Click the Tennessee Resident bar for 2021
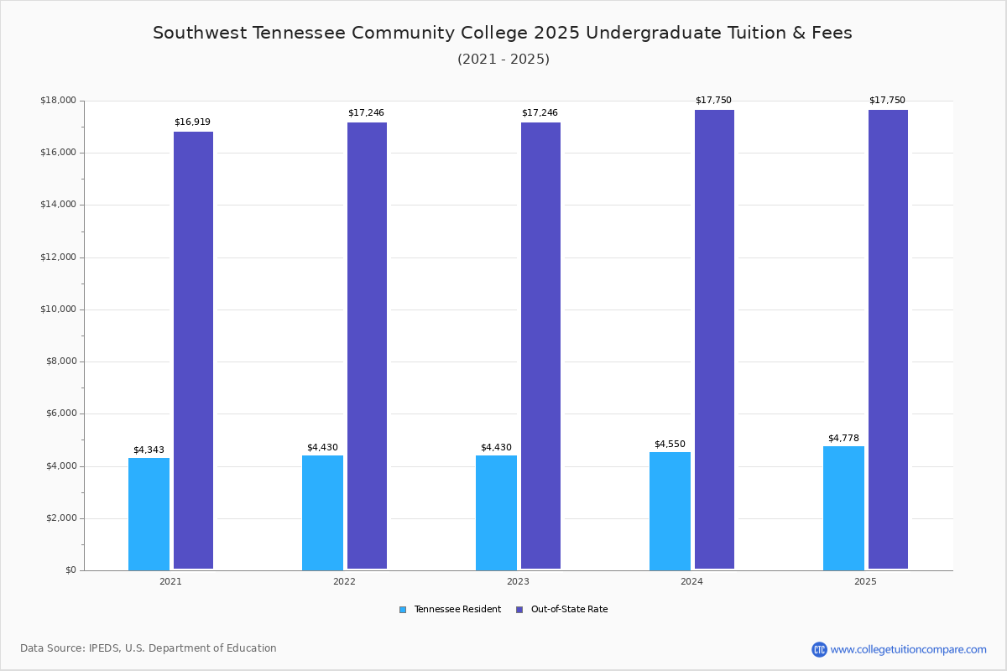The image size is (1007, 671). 149,514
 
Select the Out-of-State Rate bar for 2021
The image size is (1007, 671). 193,351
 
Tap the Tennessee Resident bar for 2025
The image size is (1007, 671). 843,508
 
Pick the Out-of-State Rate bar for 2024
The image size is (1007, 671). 714,340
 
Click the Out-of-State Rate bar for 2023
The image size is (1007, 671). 540,346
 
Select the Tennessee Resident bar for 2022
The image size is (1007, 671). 322,512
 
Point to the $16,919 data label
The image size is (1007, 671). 192,122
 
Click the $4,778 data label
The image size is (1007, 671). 843,438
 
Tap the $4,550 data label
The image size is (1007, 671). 670,444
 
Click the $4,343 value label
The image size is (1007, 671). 149,450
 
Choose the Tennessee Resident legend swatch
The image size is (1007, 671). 403,610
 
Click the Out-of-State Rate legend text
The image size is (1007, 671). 569,609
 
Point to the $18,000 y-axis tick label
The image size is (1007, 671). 59,100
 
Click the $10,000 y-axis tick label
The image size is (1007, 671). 59,309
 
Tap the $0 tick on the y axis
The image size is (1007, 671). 71,570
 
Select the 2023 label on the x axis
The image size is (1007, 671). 518,581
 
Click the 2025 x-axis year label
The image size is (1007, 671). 865,581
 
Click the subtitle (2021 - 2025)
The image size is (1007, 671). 503,59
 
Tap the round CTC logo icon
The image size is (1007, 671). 819,649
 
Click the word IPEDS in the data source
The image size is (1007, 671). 104,648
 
